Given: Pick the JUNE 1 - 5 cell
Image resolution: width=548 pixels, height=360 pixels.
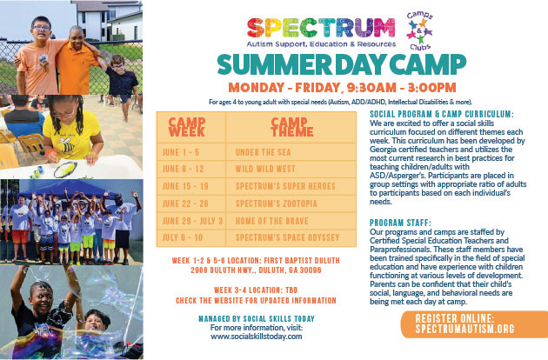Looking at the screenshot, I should [179, 151].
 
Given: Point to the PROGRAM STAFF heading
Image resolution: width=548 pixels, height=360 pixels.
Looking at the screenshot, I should [403, 223].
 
